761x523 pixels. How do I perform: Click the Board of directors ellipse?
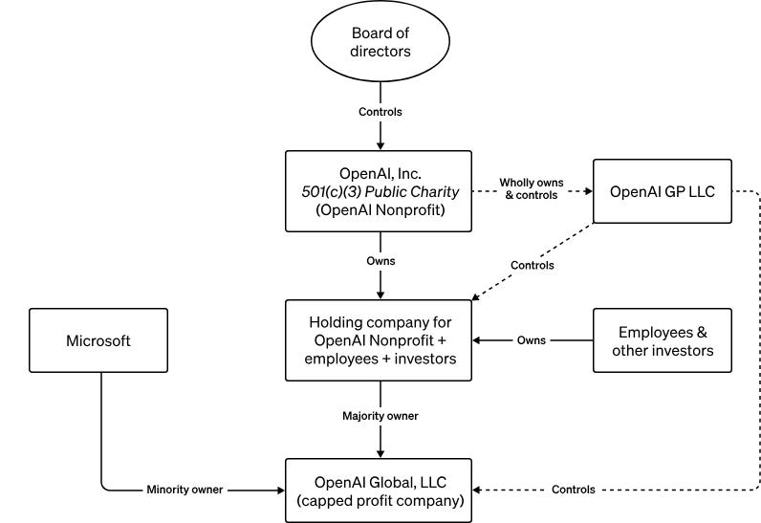380,43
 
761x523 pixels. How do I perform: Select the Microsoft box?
98,340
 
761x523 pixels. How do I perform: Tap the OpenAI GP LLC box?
662,190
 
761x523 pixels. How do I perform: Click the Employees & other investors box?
662,340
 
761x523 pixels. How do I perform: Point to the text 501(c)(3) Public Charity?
380,191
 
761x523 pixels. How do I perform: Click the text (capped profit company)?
380,499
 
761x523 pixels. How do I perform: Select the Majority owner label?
380,416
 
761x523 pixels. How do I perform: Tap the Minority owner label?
185,490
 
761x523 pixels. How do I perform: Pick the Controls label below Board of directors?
380,112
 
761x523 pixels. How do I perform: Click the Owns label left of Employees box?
532,340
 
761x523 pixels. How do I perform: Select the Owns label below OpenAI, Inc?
380,260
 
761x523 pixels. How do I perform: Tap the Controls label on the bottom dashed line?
573,490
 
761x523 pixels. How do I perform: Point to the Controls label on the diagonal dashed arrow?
533,265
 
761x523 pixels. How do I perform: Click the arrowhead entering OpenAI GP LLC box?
586,190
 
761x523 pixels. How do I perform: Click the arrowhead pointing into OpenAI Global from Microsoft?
280,490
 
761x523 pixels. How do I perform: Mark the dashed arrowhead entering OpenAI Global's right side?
480,490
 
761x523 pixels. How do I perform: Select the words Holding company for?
380,322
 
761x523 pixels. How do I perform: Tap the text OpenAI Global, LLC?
380,480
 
